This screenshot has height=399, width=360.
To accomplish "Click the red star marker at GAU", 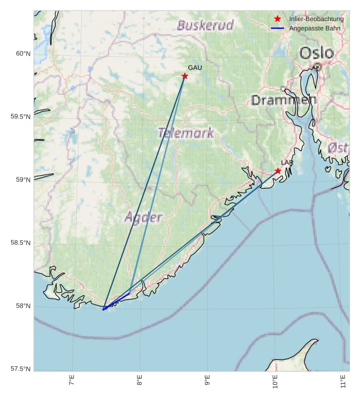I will click(185, 76).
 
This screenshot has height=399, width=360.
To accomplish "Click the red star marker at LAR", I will click(278, 171).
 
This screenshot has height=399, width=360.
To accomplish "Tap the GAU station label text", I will click(195, 68).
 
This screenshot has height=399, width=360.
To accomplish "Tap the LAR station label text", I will click(287, 162).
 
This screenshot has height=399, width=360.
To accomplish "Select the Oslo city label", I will click(316, 53).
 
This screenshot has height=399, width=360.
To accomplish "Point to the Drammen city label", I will click(284, 100).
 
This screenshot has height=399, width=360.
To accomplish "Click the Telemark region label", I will click(186, 133).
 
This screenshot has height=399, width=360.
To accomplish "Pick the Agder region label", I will click(143, 217).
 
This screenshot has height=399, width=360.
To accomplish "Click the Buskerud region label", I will click(205, 25).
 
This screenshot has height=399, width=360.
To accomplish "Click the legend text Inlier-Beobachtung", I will click(316, 19).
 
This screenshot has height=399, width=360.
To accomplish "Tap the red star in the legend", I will click(277, 19).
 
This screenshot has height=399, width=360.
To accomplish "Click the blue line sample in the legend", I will click(277, 28).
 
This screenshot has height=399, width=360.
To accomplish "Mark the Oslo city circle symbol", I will click(317, 67).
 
